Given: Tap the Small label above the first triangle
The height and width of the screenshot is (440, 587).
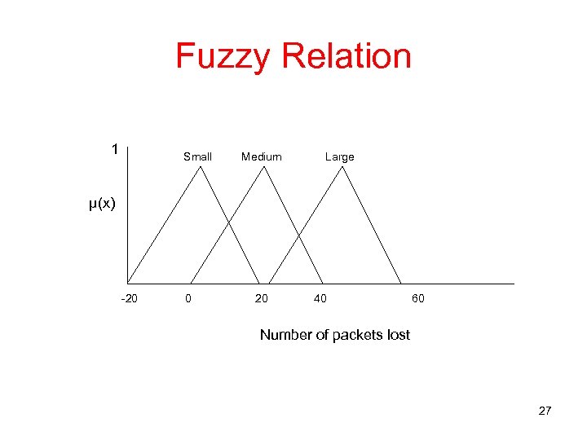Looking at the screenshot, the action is coord(197,156).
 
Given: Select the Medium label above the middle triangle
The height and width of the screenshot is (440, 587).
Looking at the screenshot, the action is coord(262,156).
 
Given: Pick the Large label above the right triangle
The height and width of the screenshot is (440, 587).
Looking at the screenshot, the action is coord(339,156).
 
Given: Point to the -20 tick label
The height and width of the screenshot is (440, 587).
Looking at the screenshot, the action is coord(129,299).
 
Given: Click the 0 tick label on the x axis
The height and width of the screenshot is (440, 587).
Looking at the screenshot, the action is coord(188,299).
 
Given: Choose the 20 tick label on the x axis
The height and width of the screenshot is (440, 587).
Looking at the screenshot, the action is coord(261,299).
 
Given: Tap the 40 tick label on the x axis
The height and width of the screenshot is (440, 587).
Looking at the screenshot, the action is coord(320,299).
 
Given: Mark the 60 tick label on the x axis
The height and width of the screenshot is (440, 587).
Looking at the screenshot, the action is coord(417,299).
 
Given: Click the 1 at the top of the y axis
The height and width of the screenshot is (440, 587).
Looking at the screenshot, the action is coord(115,149).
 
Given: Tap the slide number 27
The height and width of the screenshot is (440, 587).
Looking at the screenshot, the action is coord(545,411).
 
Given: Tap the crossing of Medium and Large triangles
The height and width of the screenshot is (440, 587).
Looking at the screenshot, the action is coord(298,236).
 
